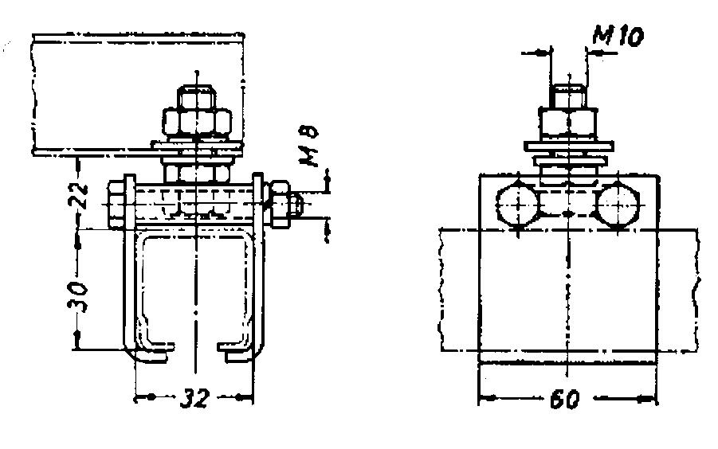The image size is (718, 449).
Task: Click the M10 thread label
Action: tap(618, 35)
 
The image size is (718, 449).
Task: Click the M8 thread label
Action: tap(309, 146)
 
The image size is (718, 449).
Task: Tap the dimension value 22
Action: tap(79, 195)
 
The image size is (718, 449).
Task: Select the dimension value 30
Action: tap(78, 296)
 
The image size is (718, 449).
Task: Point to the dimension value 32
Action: tap(194, 397)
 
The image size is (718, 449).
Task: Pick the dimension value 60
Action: tap(565, 399)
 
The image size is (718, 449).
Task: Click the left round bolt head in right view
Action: tap(517, 205)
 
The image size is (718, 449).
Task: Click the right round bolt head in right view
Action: tap(618, 205)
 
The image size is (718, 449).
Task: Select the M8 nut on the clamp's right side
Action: tap(280, 204)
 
